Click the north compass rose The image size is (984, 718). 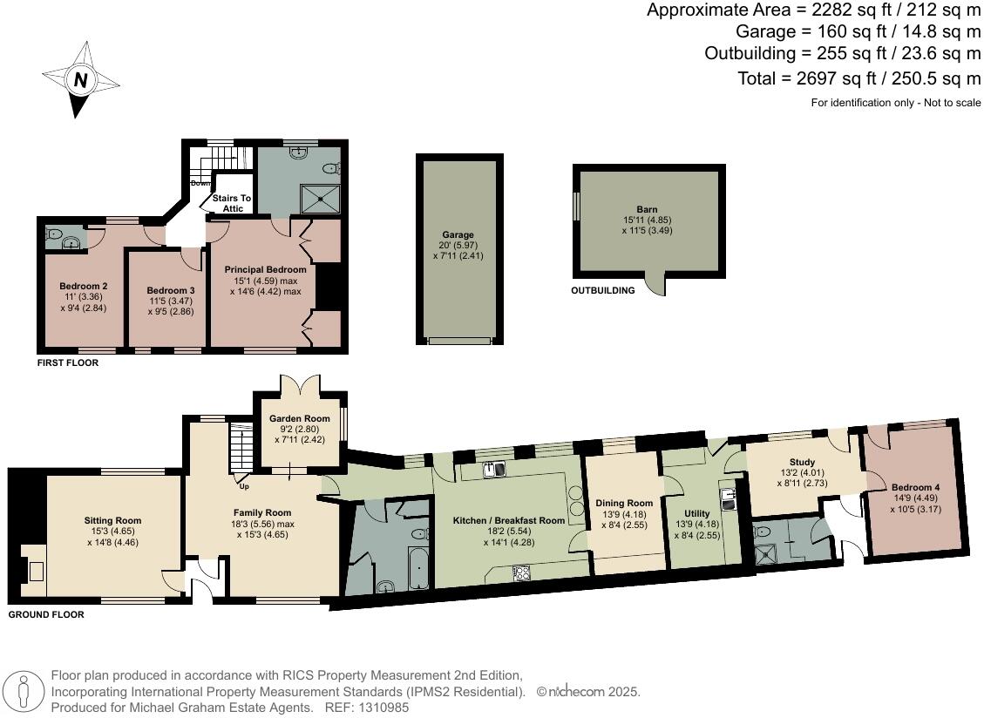click(x=80, y=80)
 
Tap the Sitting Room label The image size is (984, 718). click(x=113, y=521)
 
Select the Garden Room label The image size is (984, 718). click(x=299, y=418)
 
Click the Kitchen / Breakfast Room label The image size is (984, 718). click(x=509, y=521)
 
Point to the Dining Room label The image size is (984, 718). click(x=624, y=503)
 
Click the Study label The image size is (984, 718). click(x=802, y=463)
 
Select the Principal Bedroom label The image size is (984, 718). click(x=265, y=270)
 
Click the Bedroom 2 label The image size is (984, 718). click(x=83, y=287)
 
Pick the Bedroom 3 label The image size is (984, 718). click(x=170, y=290)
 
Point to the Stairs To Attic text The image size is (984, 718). click(x=232, y=203)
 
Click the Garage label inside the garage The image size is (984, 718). click(x=458, y=235)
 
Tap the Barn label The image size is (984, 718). click(x=647, y=209)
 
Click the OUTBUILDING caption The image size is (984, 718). click(x=603, y=291)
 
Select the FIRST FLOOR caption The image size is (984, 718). click(x=67, y=363)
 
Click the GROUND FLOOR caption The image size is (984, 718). click(x=46, y=615)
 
